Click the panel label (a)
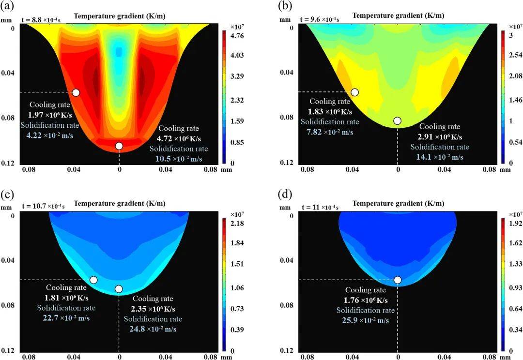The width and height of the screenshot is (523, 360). (7, 6)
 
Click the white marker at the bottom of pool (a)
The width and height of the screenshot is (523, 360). (119, 146)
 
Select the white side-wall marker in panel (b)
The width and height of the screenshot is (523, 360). (355, 92)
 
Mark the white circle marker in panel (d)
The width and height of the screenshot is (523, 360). (398, 280)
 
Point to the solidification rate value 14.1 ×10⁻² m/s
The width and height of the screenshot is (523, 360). (440, 157)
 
